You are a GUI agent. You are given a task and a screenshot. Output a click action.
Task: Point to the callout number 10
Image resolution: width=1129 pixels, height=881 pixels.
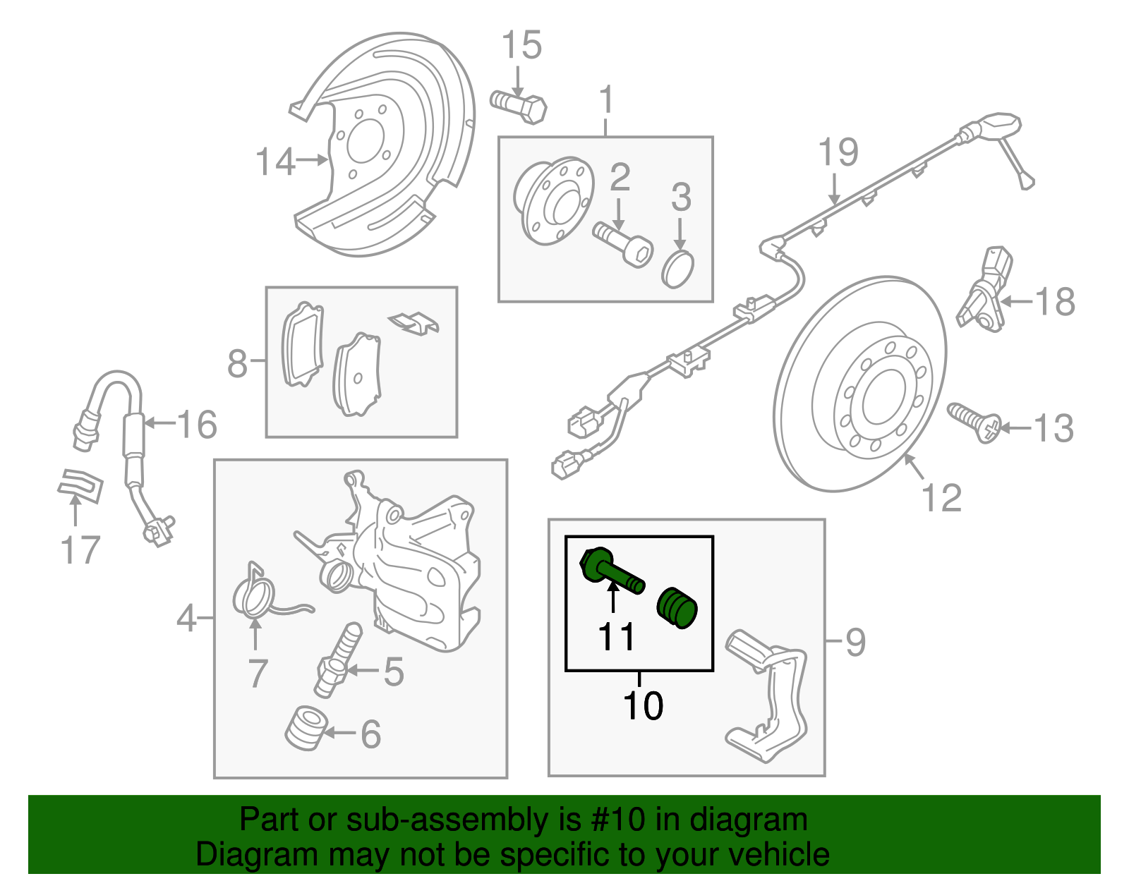(643, 705)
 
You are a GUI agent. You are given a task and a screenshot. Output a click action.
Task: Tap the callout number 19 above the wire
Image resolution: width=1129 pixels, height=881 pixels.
(838, 152)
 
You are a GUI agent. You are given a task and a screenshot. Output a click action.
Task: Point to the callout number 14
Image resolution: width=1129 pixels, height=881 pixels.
(275, 162)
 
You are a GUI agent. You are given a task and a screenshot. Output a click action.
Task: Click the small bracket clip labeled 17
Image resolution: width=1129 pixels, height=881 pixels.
(80, 486)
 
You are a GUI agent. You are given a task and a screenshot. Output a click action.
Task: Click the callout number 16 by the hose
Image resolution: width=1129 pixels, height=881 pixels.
(197, 425)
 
